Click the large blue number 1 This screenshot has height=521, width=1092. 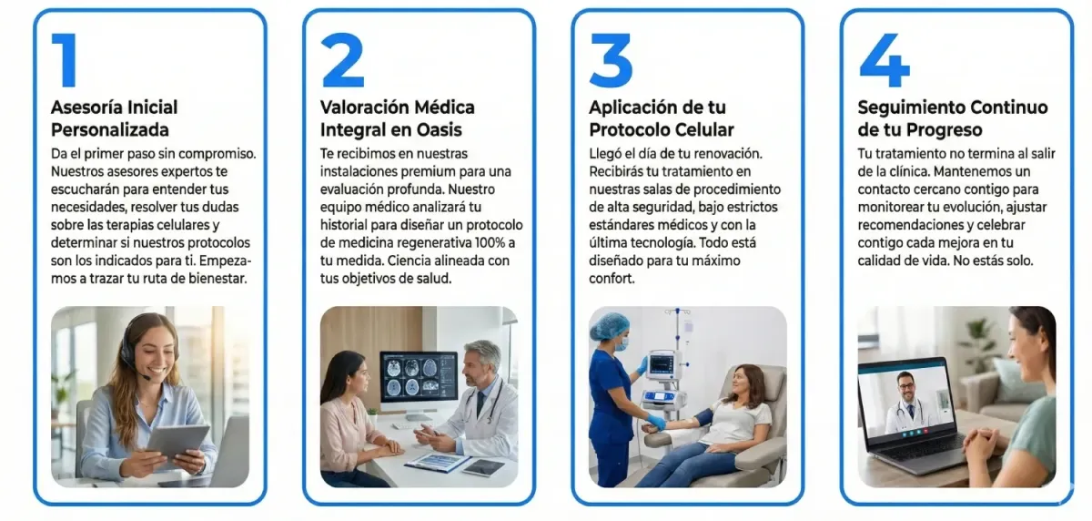66,60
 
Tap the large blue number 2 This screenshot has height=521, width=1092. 343,60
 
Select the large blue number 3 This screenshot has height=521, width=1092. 611,60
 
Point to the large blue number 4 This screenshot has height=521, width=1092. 885,60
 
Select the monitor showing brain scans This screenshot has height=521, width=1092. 420,381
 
